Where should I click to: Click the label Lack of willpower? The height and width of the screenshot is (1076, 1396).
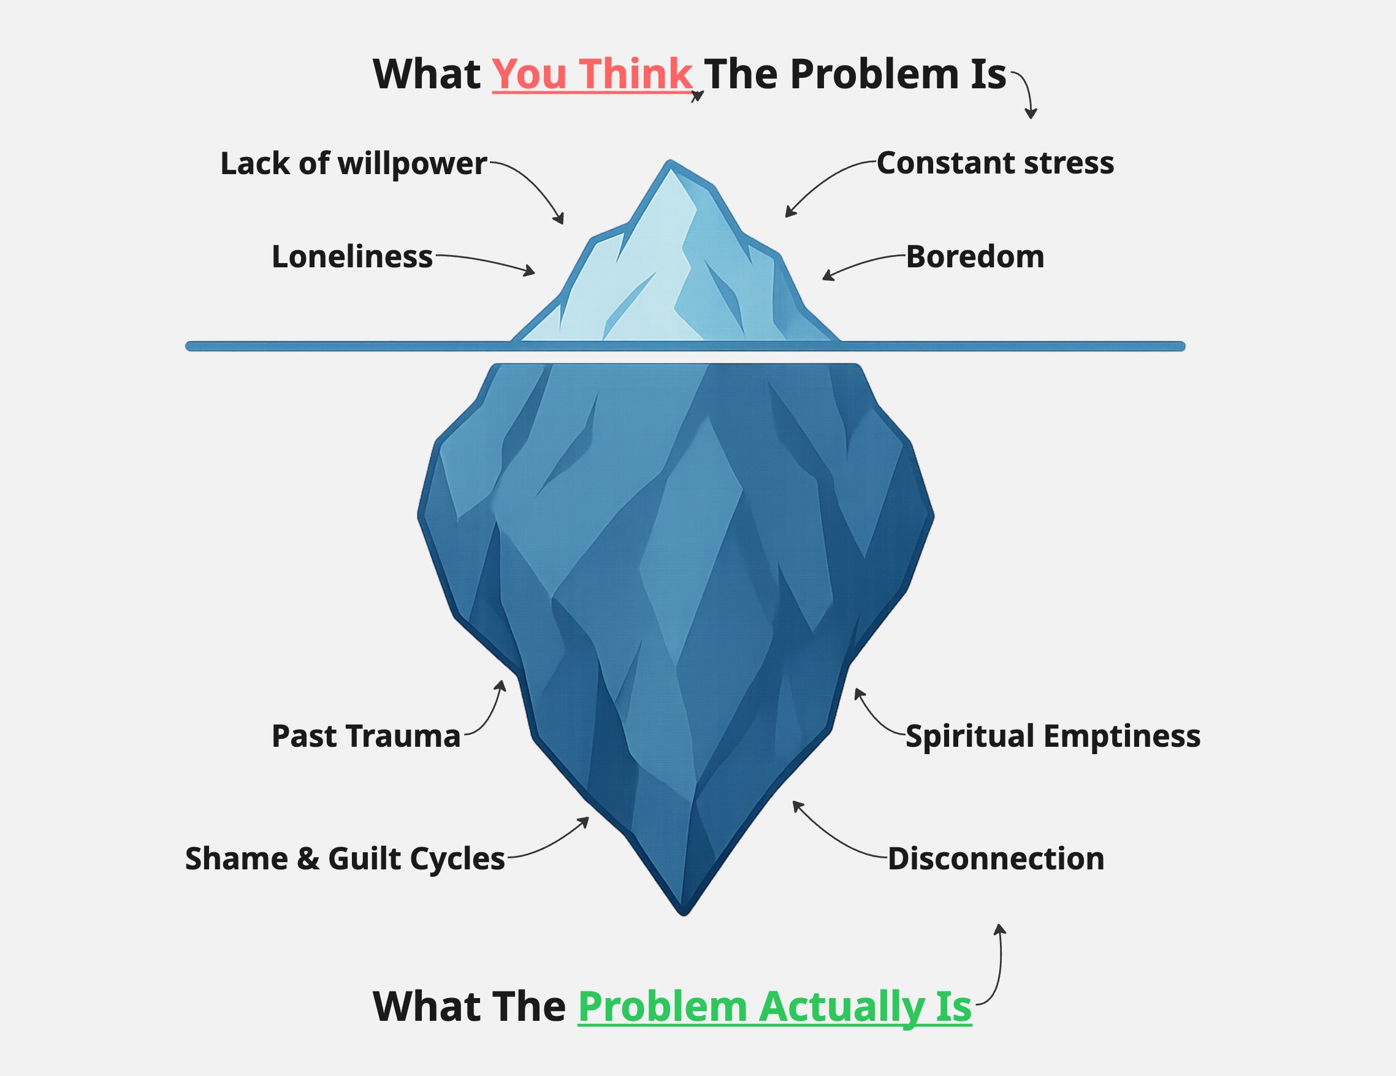(353, 164)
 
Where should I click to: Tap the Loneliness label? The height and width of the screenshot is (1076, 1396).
(352, 257)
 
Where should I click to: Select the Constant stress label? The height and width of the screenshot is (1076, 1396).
(995, 163)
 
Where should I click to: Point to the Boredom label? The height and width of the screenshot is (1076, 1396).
(975, 257)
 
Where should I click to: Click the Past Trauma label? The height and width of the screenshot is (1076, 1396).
(365, 736)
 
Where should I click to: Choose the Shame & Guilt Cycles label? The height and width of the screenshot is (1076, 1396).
(345, 858)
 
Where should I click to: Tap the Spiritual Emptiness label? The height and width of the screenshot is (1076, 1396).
(1053, 736)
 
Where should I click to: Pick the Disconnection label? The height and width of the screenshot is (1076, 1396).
(996, 858)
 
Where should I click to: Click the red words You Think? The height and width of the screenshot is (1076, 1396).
(592, 74)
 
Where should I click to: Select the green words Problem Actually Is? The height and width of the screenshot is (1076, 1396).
(774, 1006)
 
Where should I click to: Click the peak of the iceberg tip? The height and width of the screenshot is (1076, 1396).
(670, 164)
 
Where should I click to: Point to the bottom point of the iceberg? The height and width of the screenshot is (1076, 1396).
(684, 910)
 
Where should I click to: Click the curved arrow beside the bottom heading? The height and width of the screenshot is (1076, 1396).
(999, 966)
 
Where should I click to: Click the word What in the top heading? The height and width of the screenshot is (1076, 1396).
(426, 74)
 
